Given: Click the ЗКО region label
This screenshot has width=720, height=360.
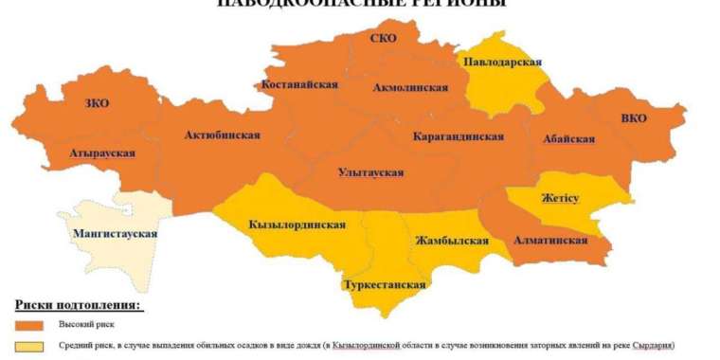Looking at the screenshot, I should pyautogui.click(x=97, y=103).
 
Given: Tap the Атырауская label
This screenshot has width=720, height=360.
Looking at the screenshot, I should pyautogui.click(x=101, y=153).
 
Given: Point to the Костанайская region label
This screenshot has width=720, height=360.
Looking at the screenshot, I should pyautogui.click(x=300, y=84).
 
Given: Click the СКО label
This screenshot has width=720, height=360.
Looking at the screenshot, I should pyautogui.click(x=384, y=39).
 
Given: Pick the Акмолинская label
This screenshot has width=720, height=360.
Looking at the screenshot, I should pyautogui.click(x=410, y=87).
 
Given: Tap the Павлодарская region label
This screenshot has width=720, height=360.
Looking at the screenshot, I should pyautogui.click(x=502, y=63).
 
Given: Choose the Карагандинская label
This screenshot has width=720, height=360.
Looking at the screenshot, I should pyautogui.click(x=459, y=137).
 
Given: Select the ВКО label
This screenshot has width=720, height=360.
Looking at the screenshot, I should pyautogui.click(x=634, y=119).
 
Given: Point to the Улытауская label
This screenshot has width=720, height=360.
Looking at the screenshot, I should pyautogui.click(x=370, y=172).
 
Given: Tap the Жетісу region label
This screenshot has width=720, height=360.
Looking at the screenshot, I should pyautogui.click(x=561, y=198).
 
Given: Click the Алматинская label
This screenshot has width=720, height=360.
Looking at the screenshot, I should pyautogui.click(x=550, y=241).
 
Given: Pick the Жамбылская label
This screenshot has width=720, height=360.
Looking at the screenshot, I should pyautogui.click(x=452, y=241).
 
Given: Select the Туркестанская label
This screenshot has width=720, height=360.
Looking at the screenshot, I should pyautogui.click(x=385, y=284).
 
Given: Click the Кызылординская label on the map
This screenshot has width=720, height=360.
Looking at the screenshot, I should pyautogui.click(x=297, y=225).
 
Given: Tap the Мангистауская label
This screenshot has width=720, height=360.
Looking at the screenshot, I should pyautogui.click(x=115, y=233).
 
